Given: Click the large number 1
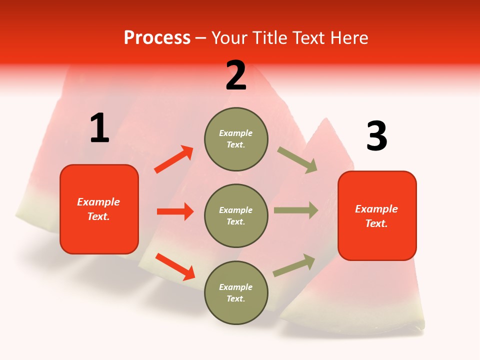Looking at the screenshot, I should (99, 128).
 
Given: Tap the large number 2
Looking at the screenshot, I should (236, 75).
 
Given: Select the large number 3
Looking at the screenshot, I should (376, 136).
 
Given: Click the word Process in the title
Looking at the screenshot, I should (157, 37).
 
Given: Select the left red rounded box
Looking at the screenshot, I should (99, 209).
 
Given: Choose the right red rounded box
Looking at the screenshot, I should (377, 216).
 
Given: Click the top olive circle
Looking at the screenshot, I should (236, 139).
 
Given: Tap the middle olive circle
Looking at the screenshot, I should (236, 215).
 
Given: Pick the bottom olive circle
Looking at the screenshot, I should (236, 292).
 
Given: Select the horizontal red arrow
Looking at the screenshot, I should (175, 211).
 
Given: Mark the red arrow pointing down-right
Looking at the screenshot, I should (175, 266).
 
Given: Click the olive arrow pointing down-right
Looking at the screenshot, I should (297, 160).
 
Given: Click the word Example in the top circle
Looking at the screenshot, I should (236, 133).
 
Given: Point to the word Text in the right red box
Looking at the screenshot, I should (376, 223).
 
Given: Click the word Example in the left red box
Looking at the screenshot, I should (98, 202).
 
